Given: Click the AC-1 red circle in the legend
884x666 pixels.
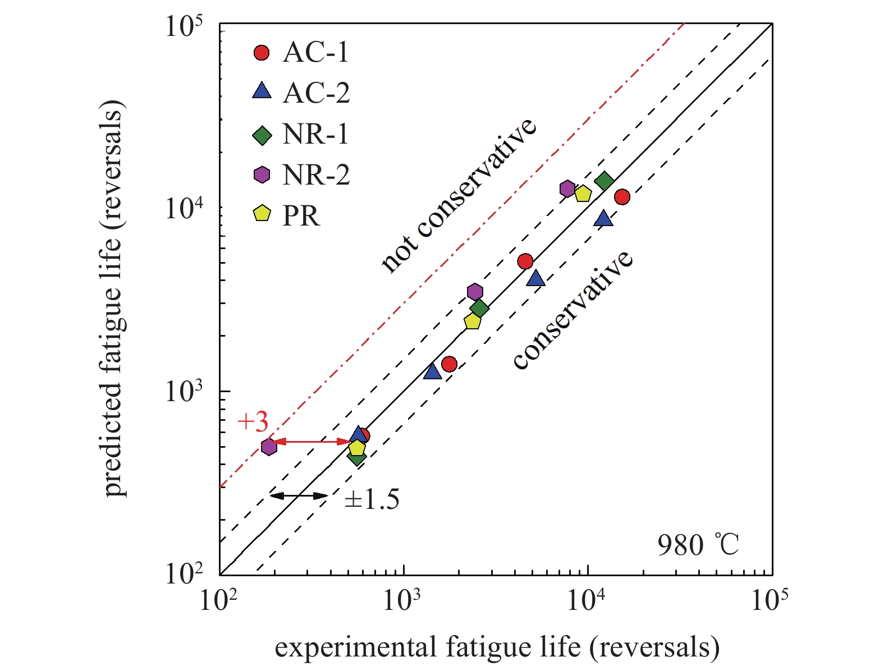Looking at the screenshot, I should coord(262,53).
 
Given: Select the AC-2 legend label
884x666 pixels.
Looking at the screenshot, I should coord(316,93).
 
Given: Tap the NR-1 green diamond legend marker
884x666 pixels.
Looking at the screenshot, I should coord(262,135).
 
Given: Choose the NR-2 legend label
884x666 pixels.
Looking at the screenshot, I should coord(316,175).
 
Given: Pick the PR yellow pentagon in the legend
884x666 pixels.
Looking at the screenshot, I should coord(262,214).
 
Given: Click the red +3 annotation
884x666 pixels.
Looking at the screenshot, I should coord(253,422).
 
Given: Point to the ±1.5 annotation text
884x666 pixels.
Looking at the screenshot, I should coord(372,499).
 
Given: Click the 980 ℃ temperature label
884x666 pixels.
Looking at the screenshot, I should coord(698,545).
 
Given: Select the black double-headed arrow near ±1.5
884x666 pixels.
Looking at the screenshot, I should coord(299,495).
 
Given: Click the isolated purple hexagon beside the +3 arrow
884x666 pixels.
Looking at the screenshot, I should coord(269,447).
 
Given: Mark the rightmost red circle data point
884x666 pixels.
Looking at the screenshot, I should coord(621,197).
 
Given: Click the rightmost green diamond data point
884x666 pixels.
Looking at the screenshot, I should coord(604,181).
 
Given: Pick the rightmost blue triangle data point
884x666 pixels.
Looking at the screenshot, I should coord(603,218).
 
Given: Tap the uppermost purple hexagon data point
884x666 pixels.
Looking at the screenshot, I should coord(567,189).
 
